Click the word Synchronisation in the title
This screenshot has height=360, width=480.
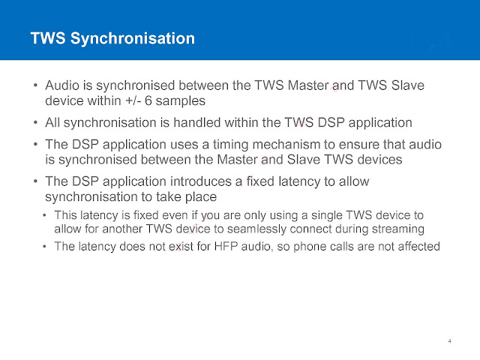coord(133,39)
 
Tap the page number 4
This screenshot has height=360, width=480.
coord(449,341)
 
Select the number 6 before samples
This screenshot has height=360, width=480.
coord(148,100)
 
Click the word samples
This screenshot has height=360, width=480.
coord(180,101)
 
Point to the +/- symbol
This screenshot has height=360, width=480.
coord(133,100)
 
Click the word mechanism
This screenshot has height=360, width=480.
coord(286,144)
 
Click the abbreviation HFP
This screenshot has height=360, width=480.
coord(226,246)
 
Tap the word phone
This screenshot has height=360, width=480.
coord(307,247)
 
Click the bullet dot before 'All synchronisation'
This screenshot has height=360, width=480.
coord(35,123)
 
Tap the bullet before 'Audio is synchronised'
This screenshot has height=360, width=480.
coord(35,85)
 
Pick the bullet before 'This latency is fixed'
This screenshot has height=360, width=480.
coord(45,215)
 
